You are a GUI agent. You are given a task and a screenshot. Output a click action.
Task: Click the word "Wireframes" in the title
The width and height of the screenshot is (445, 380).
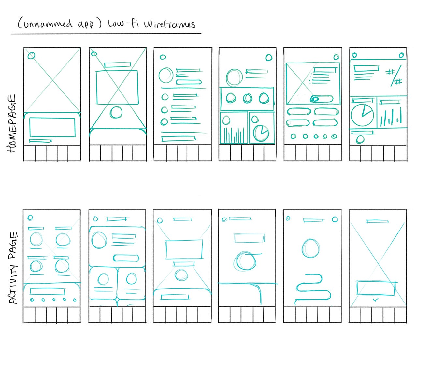pos(170,24)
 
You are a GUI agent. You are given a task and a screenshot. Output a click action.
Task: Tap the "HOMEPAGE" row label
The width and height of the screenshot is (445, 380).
pos(12,123)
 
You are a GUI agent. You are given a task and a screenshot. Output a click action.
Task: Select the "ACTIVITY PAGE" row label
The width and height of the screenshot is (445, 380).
pos(13,268)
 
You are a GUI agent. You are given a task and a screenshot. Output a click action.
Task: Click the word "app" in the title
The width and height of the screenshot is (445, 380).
pos(86,25)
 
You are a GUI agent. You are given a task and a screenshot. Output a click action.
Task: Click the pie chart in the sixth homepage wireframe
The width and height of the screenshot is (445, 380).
pos(362,115)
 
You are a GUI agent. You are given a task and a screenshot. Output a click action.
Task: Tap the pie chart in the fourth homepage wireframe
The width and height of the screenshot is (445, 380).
pos(261,134)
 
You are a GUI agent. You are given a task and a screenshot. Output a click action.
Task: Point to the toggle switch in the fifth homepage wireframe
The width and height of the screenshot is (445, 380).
pos(322,99)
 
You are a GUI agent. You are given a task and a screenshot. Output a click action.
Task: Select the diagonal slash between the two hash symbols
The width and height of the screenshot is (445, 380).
pos(396,76)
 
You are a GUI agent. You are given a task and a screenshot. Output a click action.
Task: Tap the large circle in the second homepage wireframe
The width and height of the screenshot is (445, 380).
pos(116,112)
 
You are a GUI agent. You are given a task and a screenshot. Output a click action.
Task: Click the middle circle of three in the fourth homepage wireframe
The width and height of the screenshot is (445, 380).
pos(248,98)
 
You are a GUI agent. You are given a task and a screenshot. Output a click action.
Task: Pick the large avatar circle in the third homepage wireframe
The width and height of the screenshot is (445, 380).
pos(166,75)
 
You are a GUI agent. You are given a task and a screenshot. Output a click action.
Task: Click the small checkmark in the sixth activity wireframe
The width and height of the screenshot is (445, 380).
pos(376,299)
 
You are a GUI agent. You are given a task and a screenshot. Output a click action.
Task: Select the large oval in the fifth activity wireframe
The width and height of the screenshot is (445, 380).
pos(310,248)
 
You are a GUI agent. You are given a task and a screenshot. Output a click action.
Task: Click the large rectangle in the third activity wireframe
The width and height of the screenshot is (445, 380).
pos(184,249)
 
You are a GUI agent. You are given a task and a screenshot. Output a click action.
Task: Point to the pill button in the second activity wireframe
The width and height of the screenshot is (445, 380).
pos(126,258)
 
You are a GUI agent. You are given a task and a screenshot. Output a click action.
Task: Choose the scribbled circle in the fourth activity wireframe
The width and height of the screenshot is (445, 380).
pos(245,261)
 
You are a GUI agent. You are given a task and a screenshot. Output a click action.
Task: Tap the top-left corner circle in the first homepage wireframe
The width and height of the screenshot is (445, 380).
pos(31,55)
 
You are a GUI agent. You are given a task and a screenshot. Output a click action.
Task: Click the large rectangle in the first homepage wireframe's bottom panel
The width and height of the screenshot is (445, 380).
pos(52,127)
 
